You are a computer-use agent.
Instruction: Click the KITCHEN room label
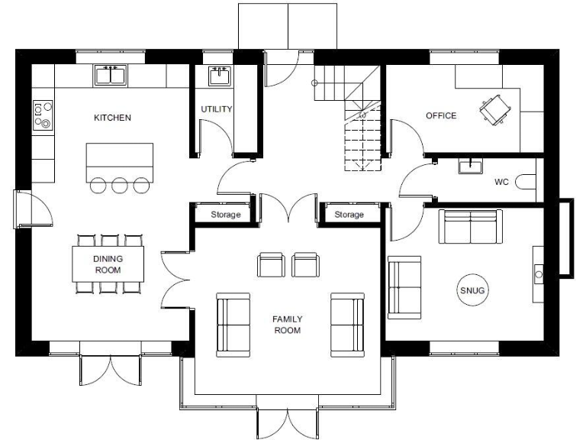coord(112,118)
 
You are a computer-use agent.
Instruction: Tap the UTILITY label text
coord(217,109)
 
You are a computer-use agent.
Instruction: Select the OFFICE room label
coord(441,116)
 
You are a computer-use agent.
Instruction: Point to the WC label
coord(501,183)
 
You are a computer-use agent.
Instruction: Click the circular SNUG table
coord(472,290)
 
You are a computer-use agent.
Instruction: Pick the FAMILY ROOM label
coord(287,325)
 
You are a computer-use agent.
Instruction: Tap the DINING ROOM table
coord(108,264)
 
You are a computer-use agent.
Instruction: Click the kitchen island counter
coord(120,160)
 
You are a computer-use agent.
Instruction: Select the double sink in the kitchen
coord(111,75)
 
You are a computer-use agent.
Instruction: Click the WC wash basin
coord(471,165)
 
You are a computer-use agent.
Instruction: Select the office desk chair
coord(494,109)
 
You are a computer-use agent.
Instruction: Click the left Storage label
coord(226,215)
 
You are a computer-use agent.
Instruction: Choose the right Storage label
coord(349,215)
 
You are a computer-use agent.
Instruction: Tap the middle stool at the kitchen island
coord(120,185)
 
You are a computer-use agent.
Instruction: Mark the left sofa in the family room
coord(233,324)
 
